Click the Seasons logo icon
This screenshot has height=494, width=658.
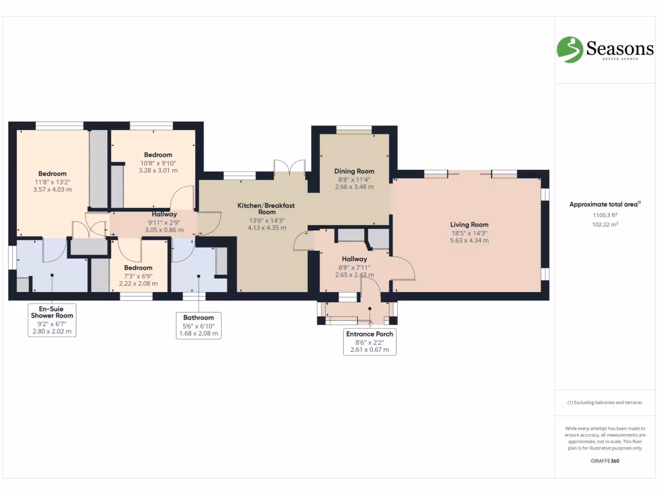(569, 49)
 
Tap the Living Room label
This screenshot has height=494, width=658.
(469, 224)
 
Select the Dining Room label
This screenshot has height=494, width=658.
(354, 171)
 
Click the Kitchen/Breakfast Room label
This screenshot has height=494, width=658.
(266, 208)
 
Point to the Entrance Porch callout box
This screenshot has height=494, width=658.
(369, 342)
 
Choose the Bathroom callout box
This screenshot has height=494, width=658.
(199, 325)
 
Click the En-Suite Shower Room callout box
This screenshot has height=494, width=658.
(52, 320)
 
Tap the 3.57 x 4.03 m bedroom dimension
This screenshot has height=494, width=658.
(52, 190)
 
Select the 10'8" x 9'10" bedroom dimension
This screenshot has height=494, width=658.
(158, 163)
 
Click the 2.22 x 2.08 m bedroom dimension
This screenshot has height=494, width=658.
(138, 283)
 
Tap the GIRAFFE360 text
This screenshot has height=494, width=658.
(605, 461)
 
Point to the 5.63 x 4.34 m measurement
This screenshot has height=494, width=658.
(469, 241)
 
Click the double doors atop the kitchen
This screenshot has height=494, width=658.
(289, 168)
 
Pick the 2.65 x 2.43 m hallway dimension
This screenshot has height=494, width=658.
(354, 275)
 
